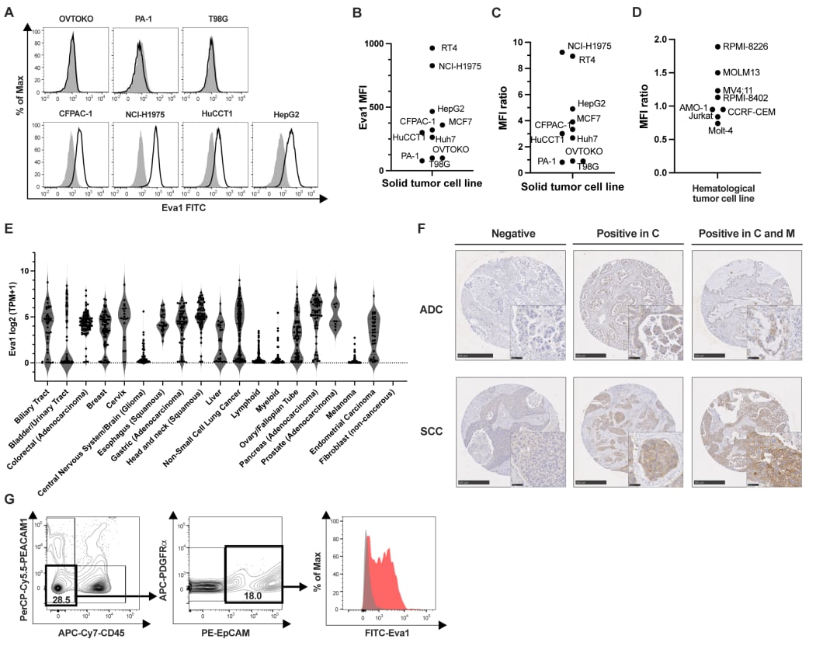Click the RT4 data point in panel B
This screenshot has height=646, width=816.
tap(432, 48)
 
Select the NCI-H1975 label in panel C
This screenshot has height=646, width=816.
tap(589, 46)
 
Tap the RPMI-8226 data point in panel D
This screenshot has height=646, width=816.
tap(718, 47)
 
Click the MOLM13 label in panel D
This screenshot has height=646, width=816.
tap(744, 72)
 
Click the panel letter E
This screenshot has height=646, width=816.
tap(7, 231)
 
